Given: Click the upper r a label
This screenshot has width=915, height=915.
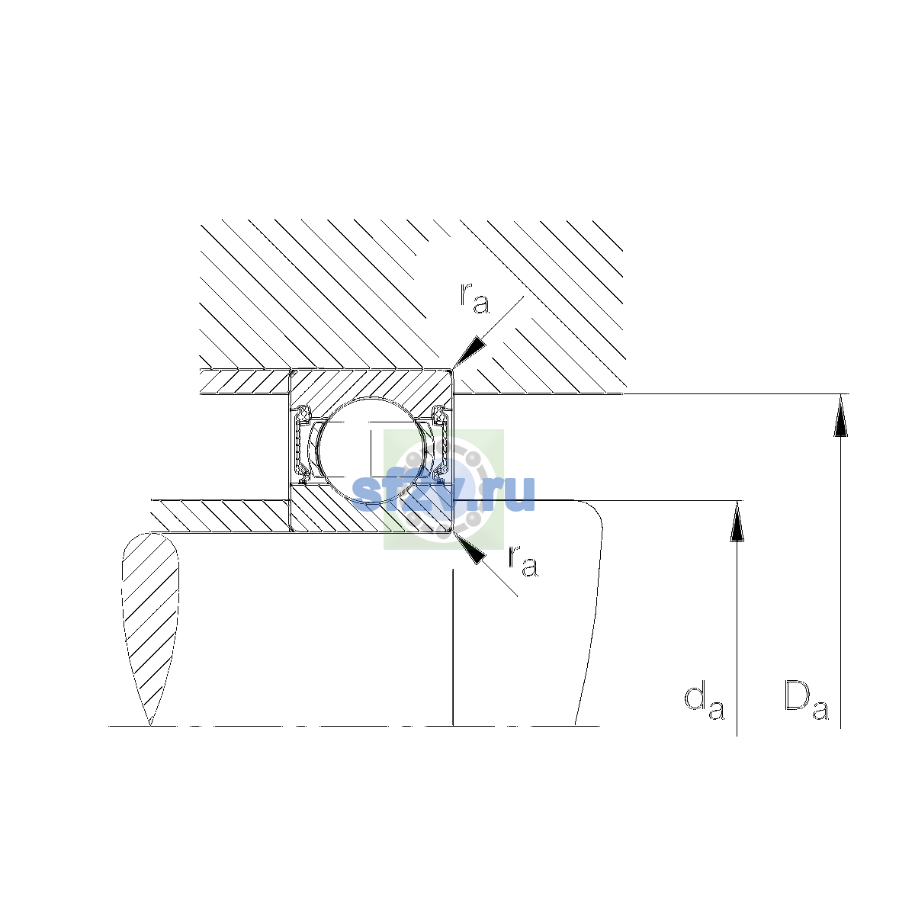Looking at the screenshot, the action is click(474, 299).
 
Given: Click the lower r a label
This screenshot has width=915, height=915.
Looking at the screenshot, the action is click(523, 561).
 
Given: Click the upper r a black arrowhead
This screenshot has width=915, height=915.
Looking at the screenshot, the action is click(470, 353).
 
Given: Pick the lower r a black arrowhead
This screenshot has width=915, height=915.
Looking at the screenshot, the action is click(470, 548).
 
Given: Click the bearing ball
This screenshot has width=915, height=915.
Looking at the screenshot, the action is click(372, 451).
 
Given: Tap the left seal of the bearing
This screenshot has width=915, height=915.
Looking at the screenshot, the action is click(302, 445).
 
